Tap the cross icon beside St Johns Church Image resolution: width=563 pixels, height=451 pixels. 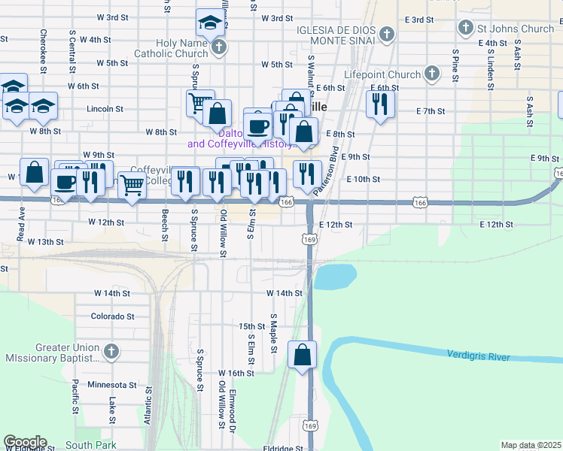pos(465,29)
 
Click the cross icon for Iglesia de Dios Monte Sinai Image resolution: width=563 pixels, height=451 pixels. pos(386,34)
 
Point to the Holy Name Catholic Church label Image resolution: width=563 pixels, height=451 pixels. pos(171,49)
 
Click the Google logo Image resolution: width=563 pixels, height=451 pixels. pos(25,442)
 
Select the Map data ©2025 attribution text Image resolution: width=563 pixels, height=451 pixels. pos(531,445)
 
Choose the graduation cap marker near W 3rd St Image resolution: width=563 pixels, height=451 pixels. pos(210,24)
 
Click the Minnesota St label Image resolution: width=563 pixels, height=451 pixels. pos(111,384)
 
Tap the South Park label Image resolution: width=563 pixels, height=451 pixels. pos(90,445)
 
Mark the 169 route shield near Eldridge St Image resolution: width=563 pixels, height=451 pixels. pos(309,425)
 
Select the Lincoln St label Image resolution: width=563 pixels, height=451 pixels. pos(105,109)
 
